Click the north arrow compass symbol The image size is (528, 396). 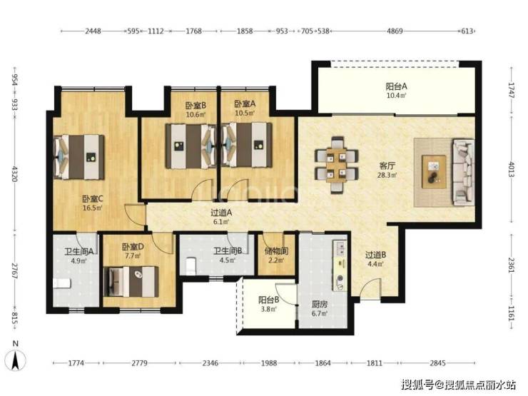pos(16,360)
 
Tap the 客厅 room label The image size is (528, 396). pos(387,166)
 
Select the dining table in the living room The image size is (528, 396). pos(336,165)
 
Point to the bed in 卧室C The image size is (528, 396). pos(79,157)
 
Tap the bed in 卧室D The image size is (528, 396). pos(131,282)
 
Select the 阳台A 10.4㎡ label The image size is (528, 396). pos(396,91)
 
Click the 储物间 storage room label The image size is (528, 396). pos(276,251)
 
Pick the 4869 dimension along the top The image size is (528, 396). pos(395,31)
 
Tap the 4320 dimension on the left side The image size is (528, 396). pos(14,173)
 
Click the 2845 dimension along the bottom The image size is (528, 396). pos(437,363)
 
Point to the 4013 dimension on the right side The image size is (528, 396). pos(512,169)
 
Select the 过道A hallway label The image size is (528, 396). pos(221,213)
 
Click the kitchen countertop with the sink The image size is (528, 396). pos(340,265)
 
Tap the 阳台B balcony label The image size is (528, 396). pos(269,300)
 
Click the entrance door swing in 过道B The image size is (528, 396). pos(370,288)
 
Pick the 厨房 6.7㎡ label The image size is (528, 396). pos(319,309)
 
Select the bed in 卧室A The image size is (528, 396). pos(247,145)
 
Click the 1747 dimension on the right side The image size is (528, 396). pos(512,90)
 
